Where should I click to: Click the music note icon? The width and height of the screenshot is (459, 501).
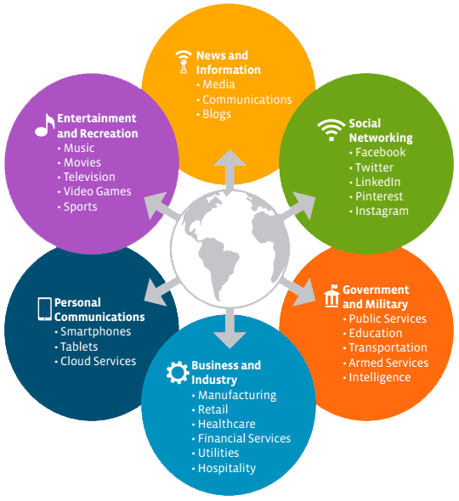tap(45, 126)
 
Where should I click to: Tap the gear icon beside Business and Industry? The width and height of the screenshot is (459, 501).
tap(178, 372)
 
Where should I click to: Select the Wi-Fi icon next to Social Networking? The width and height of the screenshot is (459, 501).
tap(331, 130)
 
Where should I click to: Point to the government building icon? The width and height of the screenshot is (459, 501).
tap(331, 296)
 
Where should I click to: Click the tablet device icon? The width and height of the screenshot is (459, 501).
tap(44, 308)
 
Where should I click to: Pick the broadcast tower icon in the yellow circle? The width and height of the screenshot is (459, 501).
tap(184, 62)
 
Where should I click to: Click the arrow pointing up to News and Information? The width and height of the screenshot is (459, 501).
tap(229, 171)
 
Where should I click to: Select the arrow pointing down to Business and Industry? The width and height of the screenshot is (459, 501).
tap(229, 328)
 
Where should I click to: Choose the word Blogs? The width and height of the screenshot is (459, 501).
tap(217, 115)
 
